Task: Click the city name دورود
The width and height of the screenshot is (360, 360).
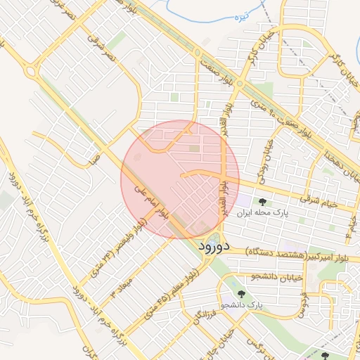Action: coord(214,247)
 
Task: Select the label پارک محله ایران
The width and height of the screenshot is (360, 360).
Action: coord(262,212)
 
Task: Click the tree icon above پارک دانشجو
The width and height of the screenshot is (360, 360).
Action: coord(242,295)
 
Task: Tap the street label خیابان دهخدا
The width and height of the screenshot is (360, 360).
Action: coord(340,159)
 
